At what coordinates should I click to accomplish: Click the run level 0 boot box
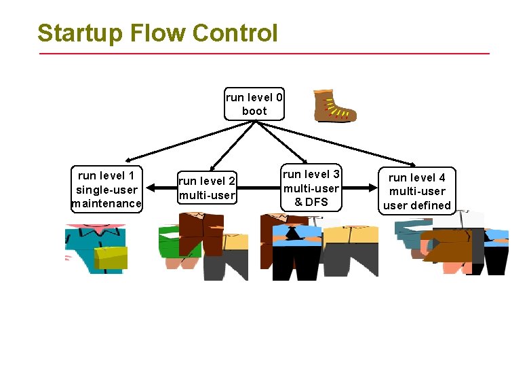point(254,103)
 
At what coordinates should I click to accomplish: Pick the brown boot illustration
point(334,106)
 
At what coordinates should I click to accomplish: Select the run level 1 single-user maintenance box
point(107,190)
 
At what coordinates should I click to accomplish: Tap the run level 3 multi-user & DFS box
point(311,188)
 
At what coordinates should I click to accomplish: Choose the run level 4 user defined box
point(416,192)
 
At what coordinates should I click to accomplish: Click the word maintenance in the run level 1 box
point(107,203)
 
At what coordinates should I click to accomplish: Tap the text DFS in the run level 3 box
point(316,202)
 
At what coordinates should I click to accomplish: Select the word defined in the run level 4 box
point(431,205)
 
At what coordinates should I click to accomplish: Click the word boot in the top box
point(254,111)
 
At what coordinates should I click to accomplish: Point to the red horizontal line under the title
point(264,53)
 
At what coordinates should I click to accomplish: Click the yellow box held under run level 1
point(111,258)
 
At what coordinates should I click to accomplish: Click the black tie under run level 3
point(291,234)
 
